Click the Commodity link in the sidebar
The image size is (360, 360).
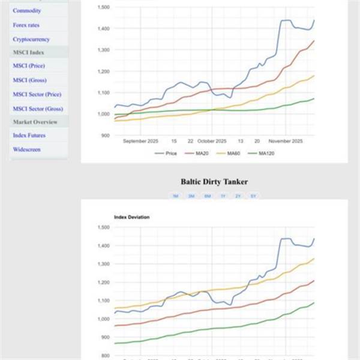(27, 11)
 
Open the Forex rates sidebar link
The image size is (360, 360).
(27, 25)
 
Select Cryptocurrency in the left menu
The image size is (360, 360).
(31, 40)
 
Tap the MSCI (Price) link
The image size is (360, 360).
(29, 65)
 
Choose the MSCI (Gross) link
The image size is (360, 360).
(29, 80)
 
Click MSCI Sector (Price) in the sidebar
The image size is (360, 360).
(37, 94)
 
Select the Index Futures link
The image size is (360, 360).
(29, 135)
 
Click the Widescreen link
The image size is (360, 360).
(26, 149)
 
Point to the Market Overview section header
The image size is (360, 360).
(35, 122)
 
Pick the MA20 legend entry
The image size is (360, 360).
(200, 153)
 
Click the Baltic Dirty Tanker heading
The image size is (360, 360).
(214, 181)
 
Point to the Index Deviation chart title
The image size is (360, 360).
(131, 217)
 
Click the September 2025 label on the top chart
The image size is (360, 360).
(140, 142)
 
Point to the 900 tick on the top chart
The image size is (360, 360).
(104, 135)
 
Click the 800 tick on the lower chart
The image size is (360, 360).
(104, 356)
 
